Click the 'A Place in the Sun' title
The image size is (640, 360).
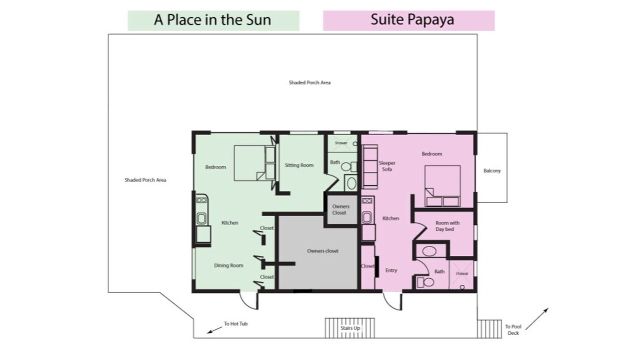[212, 20]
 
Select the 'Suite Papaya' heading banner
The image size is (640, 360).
[409, 20]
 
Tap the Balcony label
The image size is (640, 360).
[492, 170]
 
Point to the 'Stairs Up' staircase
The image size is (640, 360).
[349, 328]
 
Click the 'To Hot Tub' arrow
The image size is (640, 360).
[214, 330]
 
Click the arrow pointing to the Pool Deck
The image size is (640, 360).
[537, 319]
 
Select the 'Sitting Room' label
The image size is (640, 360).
[299, 165]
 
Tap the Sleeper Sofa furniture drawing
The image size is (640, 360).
[370, 167]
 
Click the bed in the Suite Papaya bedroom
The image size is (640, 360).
[442, 186]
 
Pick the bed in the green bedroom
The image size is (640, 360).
[255, 163]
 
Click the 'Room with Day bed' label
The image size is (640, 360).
[447, 226]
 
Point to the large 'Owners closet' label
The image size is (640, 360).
[322, 251]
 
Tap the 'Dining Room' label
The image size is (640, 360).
[228, 265]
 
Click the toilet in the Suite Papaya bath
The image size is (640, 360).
[425, 282]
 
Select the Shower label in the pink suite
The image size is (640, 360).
[461, 273]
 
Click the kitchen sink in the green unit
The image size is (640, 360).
[201, 218]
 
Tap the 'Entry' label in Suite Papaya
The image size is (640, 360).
[391, 270]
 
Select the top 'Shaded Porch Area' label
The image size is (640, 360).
[309, 82]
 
